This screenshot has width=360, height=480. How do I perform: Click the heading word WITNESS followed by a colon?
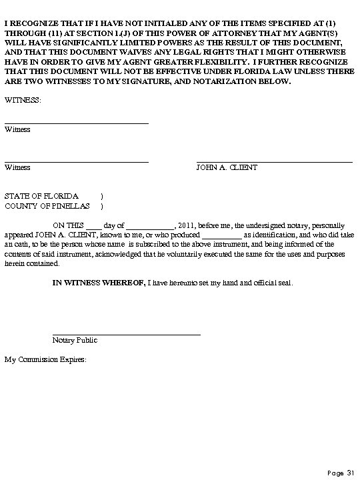22,99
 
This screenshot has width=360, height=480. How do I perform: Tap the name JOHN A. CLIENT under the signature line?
227,168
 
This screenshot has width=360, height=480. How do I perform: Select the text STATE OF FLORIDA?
41,197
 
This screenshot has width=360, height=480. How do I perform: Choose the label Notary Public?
75,341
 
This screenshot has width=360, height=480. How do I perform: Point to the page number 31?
350,473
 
